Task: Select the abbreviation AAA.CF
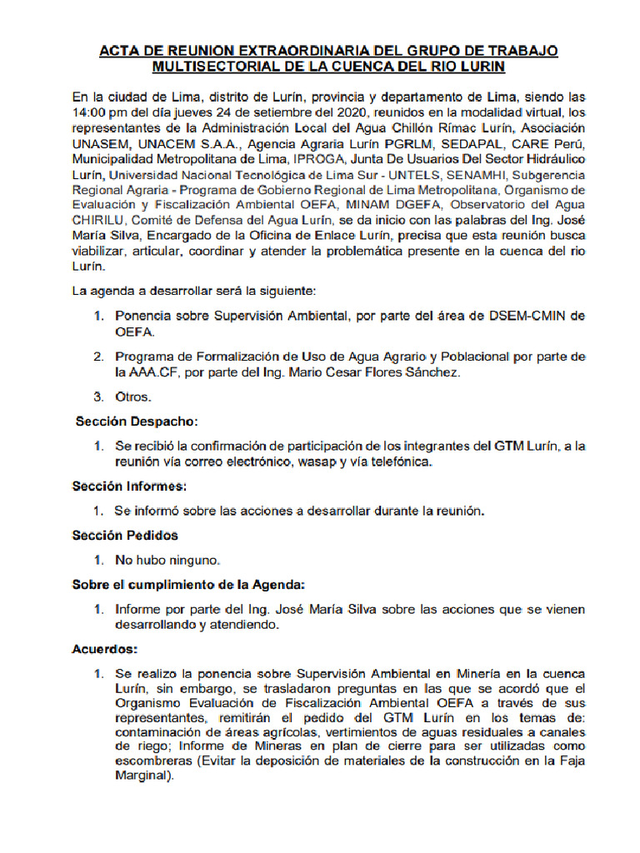[147, 372]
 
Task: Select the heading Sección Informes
[129, 485]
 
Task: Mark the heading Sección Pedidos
[125, 535]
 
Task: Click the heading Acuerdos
[105, 647]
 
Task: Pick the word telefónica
[400, 461]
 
